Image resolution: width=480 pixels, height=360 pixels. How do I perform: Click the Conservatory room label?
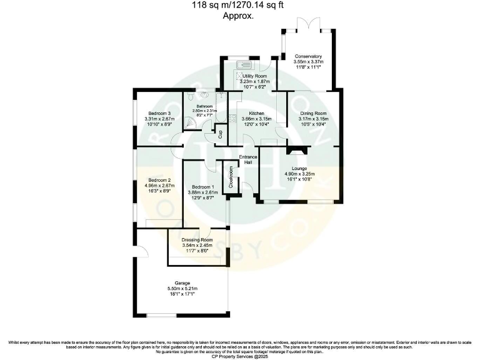[308, 56]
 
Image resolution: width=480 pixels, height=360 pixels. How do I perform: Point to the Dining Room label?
[313, 113]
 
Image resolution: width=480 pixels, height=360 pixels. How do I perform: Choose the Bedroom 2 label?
[152, 180]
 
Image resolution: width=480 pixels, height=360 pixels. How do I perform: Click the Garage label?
[182, 282]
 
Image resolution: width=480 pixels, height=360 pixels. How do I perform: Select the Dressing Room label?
[197, 240]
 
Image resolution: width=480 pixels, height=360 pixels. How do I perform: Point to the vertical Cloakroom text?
[230, 177]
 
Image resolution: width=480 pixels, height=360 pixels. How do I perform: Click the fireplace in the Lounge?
[296, 149]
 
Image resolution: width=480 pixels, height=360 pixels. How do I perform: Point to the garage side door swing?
[141, 251]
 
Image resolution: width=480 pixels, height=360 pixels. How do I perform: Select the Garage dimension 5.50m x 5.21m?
[182, 288]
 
